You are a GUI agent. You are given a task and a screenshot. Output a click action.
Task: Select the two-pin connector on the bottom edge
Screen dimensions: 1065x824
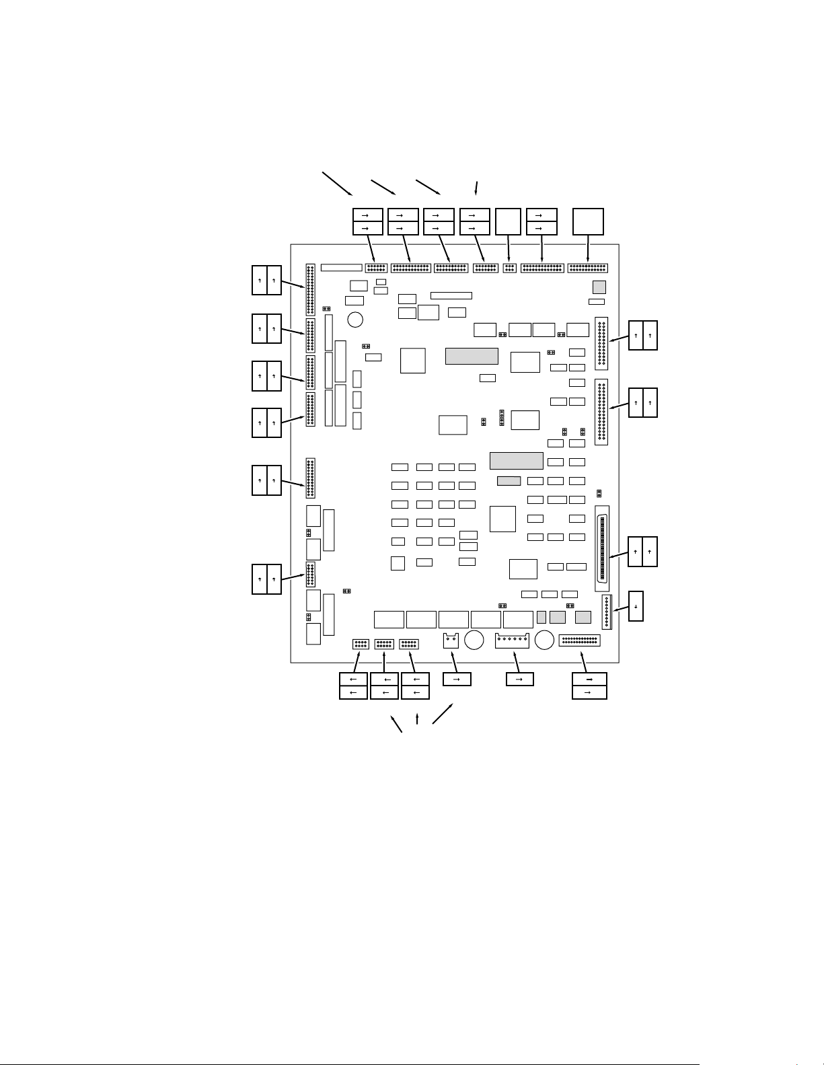point(450,640)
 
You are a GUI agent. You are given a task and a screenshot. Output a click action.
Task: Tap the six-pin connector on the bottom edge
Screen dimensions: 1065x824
point(512,640)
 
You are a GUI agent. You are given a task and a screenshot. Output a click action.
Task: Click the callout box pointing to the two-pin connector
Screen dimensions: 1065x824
point(457,679)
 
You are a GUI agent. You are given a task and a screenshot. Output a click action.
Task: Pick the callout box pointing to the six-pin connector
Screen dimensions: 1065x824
point(519,679)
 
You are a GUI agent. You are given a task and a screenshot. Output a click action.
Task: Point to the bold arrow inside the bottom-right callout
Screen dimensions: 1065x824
point(589,679)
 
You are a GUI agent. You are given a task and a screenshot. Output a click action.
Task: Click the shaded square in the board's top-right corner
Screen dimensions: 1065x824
point(599,287)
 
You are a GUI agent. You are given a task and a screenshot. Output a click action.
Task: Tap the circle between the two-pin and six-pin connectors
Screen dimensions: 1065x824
point(475,640)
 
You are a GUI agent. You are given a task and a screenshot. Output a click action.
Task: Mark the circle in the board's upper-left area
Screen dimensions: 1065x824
point(356,319)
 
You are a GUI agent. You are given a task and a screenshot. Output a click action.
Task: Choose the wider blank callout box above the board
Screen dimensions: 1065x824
point(589,221)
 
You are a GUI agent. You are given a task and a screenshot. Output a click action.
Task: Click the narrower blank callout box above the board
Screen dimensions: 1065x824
point(508,221)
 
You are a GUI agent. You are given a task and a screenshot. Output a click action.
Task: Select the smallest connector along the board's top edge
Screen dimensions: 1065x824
point(510,268)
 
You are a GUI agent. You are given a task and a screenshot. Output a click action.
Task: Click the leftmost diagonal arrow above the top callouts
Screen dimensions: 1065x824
point(338,183)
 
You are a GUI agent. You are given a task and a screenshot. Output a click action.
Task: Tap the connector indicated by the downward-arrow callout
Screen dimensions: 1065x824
point(607,612)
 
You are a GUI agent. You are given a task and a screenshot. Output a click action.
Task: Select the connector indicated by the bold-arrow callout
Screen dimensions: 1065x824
point(579,640)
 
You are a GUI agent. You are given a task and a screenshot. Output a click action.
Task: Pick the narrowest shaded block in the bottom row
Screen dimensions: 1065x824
point(541,617)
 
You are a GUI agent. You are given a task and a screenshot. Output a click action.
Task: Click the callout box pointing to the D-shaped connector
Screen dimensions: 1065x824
point(642,552)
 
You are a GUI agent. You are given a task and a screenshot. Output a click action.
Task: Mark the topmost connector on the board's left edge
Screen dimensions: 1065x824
point(310,289)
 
